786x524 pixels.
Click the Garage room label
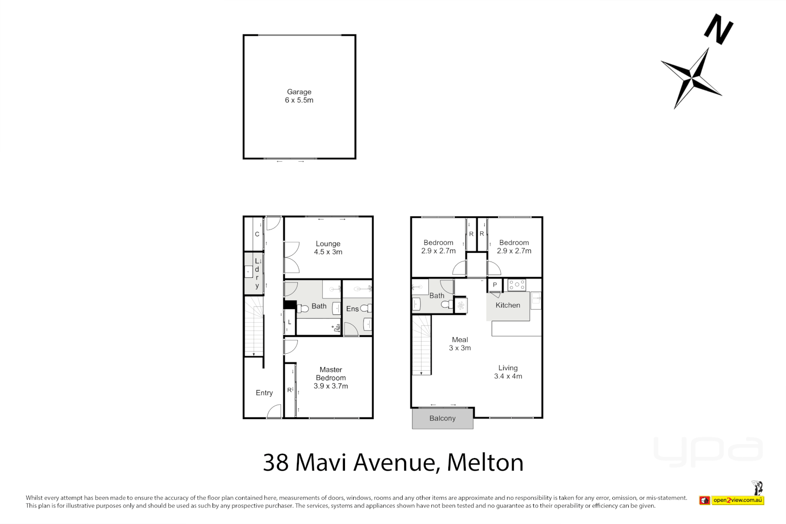pos(299,96)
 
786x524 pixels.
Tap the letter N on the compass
pos(719,29)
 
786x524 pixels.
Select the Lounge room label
pos(328,247)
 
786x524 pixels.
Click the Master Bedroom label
pos(331,377)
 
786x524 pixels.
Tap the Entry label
pos(264,393)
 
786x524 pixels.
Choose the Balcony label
pos(442,418)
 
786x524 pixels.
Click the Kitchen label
pos(508,305)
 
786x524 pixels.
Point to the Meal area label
pos(460,344)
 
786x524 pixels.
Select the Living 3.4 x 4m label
pos(508,372)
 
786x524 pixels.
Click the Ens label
pos(352,309)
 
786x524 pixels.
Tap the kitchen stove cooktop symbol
pos(517,285)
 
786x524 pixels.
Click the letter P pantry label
pos(494,285)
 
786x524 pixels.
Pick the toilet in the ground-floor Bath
pos(303,309)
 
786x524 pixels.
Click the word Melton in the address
pos(485,462)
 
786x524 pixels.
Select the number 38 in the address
pos(276,462)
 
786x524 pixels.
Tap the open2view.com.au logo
pos(737,500)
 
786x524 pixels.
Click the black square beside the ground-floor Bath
pos(290,305)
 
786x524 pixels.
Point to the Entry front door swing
pos(275,411)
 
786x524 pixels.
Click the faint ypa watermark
pos(708,451)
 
